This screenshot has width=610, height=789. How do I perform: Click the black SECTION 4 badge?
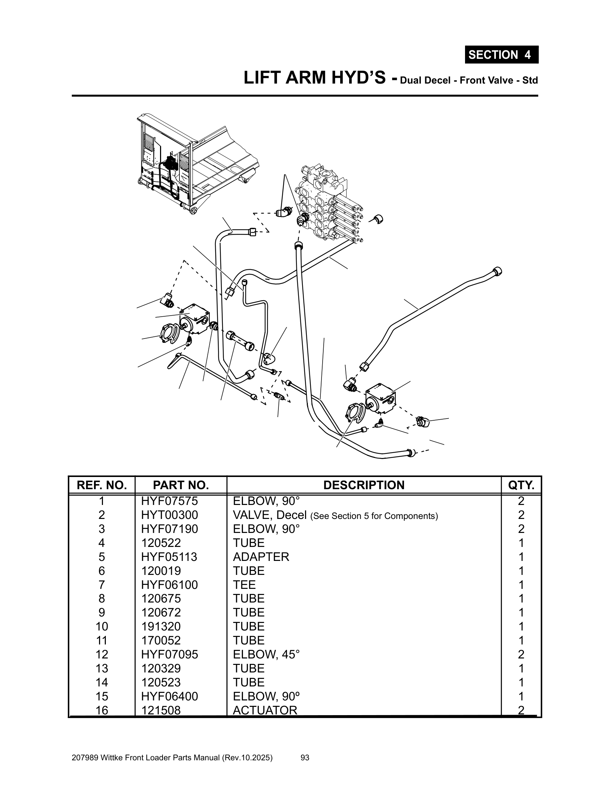pyautogui.click(x=501, y=55)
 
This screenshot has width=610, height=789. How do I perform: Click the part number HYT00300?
pyautogui.click(x=169, y=515)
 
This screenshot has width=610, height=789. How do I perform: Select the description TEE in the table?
pyautogui.click(x=244, y=585)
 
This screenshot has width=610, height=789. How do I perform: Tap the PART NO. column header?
pyautogui.click(x=181, y=485)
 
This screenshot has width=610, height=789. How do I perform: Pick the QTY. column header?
pyautogui.click(x=521, y=485)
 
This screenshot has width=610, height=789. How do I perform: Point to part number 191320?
pyautogui.click(x=161, y=626)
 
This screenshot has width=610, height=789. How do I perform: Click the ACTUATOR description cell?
pyautogui.click(x=265, y=710)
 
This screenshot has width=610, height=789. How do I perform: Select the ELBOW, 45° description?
pyautogui.click(x=266, y=654)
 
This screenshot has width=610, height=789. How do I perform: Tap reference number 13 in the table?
pyautogui.click(x=102, y=668)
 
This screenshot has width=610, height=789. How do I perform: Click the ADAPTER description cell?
pyautogui.click(x=261, y=557)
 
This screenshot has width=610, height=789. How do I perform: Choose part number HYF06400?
pyautogui.click(x=169, y=696)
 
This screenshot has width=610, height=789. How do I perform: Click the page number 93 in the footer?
pyautogui.click(x=305, y=757)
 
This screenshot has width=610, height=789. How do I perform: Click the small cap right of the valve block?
pyautogui.click(x=378, y=218)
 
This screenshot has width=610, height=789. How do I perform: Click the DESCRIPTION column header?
pyautogui.click(x=363, y=485)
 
